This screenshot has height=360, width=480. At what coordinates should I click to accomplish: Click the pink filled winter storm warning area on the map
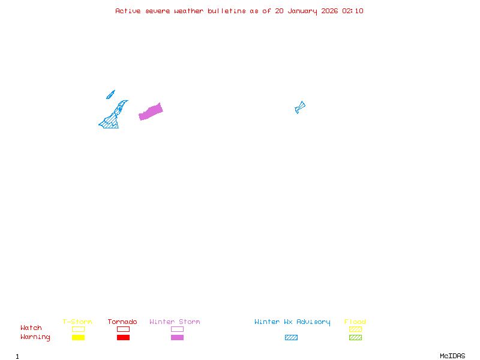pos(151,112)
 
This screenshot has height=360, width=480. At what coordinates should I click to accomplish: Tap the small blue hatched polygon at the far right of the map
pos(300,107)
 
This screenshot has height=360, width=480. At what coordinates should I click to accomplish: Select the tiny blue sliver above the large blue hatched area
pos(110,94)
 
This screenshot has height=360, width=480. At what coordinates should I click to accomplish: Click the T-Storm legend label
pos(77,322)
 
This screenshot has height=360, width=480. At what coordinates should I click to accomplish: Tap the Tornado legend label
pos(122,322)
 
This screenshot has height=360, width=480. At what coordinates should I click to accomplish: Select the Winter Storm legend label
pos(175,322)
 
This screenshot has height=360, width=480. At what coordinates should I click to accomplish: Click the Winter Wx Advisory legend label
pos(292,322)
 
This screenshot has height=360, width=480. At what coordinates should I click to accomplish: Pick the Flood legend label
pos(355,322)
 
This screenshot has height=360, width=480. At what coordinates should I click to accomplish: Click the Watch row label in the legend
pos(31,328)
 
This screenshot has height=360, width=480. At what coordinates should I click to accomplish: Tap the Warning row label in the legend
pos(35,337)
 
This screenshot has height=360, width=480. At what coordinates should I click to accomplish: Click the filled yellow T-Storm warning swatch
pos(78,338)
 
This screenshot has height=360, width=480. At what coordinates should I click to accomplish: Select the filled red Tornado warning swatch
pos(123,338)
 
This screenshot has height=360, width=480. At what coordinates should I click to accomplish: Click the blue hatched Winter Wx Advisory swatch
pos(291,338)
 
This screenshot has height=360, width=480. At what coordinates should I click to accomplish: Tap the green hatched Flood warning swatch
pos(355,338)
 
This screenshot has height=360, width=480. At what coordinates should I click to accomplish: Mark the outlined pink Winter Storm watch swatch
pos(177,329)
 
